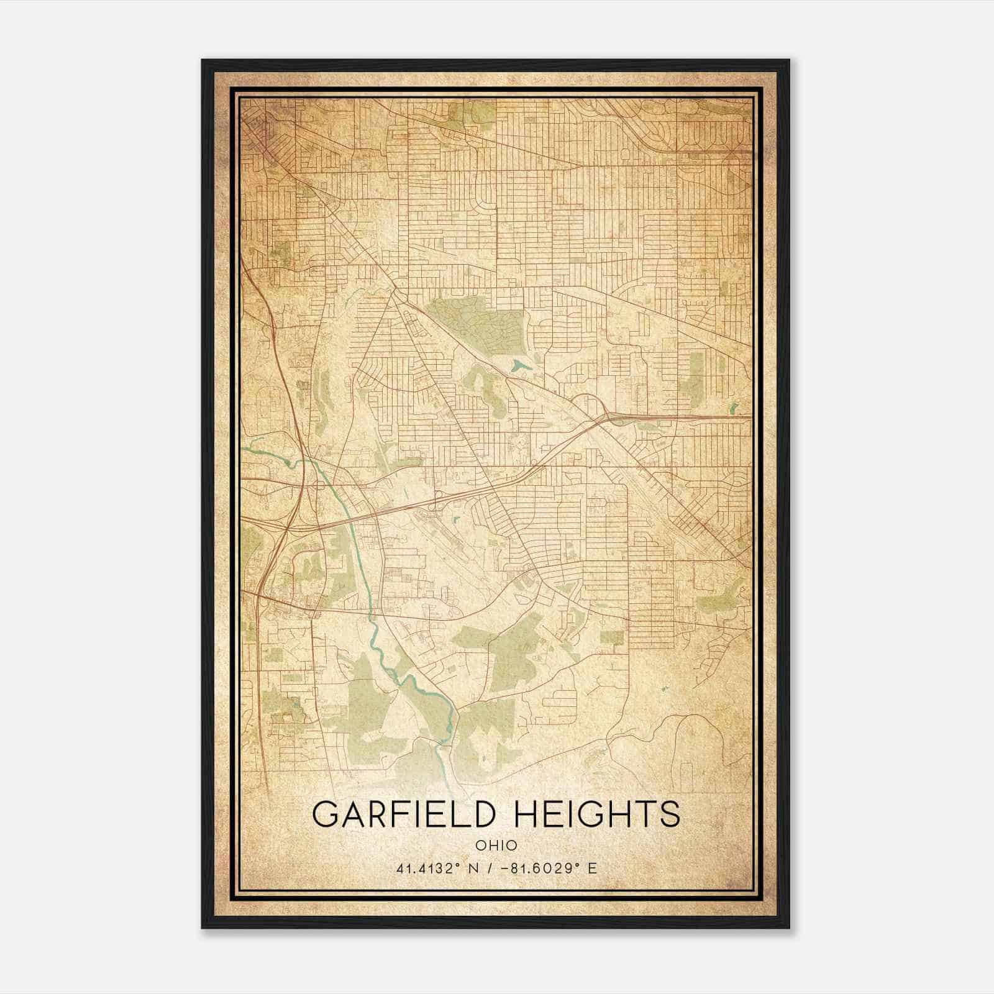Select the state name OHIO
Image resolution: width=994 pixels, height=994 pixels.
coord(496,846)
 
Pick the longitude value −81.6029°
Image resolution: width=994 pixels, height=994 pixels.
coord(538,868)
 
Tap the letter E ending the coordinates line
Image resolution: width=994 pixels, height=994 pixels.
coord(593,868)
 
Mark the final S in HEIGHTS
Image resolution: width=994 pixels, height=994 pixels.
coord(670,814)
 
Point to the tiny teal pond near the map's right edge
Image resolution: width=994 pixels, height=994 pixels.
coord(734,409)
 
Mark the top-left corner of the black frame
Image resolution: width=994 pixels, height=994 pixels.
coord(203,60)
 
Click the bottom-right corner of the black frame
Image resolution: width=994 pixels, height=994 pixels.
coord(789,928)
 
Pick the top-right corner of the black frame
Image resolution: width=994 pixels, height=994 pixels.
coord(789,60)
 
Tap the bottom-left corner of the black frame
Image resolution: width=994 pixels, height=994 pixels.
coord(203,928)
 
